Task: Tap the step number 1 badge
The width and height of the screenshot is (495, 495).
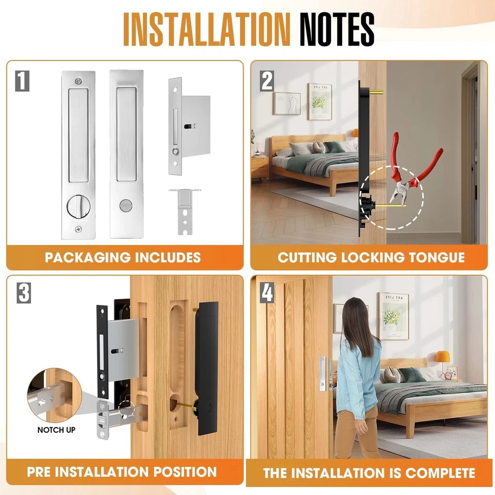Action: tap(22, 81)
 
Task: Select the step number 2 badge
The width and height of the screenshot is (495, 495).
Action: tap(267, 81)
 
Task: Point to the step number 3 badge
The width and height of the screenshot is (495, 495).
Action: tap(24, 293)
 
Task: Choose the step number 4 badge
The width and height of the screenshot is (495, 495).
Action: tap(267, 293)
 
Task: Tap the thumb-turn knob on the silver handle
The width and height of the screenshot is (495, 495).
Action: tap(79, 207)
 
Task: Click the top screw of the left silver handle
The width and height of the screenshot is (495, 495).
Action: tap(79, 82)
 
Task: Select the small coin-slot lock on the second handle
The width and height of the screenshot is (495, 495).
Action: tap(124, 205)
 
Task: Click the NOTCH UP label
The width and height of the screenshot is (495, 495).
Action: tap(56, 430)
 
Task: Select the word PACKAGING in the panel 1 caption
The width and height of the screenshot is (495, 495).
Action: tap(88, 257)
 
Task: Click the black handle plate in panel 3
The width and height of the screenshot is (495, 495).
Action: tap(207, 368)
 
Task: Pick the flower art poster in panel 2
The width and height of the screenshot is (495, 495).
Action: tap(319, 101)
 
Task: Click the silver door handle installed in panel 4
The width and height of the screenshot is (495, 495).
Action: tap(323, 373)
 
